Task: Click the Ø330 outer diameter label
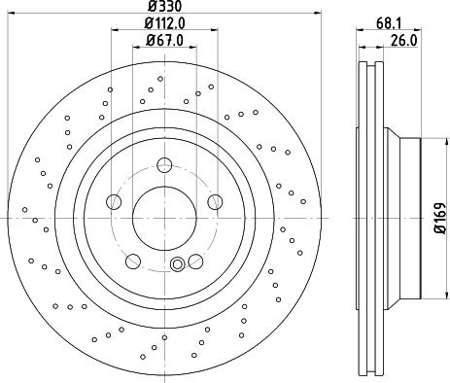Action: (164, 7)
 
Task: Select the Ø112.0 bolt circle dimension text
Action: (164, 22)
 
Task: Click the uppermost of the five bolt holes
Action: (164, 164)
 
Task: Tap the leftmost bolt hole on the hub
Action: (114, 201)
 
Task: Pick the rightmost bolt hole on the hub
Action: (215, 201)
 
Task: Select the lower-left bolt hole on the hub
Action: (133, 260)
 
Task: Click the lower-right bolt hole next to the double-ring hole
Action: (195, 260)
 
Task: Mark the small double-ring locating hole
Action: (177, 264)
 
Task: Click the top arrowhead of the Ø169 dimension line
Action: (426, 142)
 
